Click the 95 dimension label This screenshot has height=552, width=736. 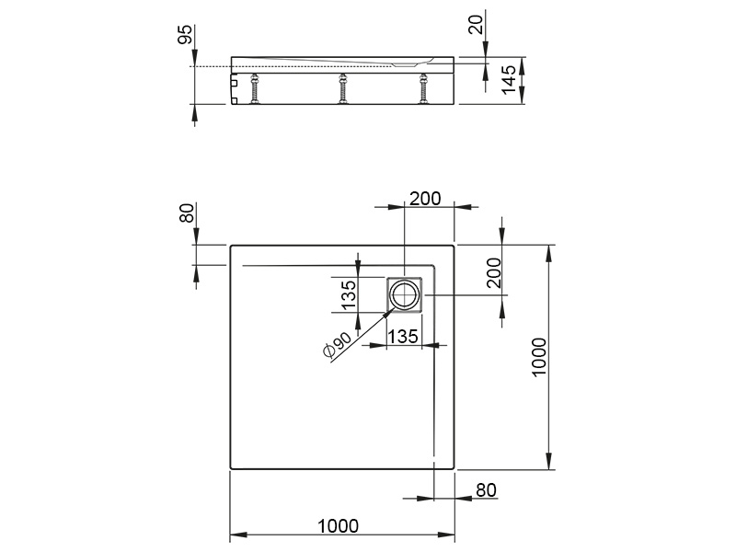(x=185, y=34)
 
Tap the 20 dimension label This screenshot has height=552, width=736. (x=476, y=24)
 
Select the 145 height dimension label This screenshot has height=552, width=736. (x=509, y=80)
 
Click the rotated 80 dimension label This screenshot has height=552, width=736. (x=187, y=213)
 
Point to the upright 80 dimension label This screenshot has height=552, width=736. (x=486, y=490)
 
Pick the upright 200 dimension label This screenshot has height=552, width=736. (x=425, y=199)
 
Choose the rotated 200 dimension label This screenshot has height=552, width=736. (x=494, y=272)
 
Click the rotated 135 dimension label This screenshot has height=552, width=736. (x=349, y=295)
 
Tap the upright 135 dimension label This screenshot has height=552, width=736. (x=402, y=336)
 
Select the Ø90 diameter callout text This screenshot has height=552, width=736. (x=337, y=345)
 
